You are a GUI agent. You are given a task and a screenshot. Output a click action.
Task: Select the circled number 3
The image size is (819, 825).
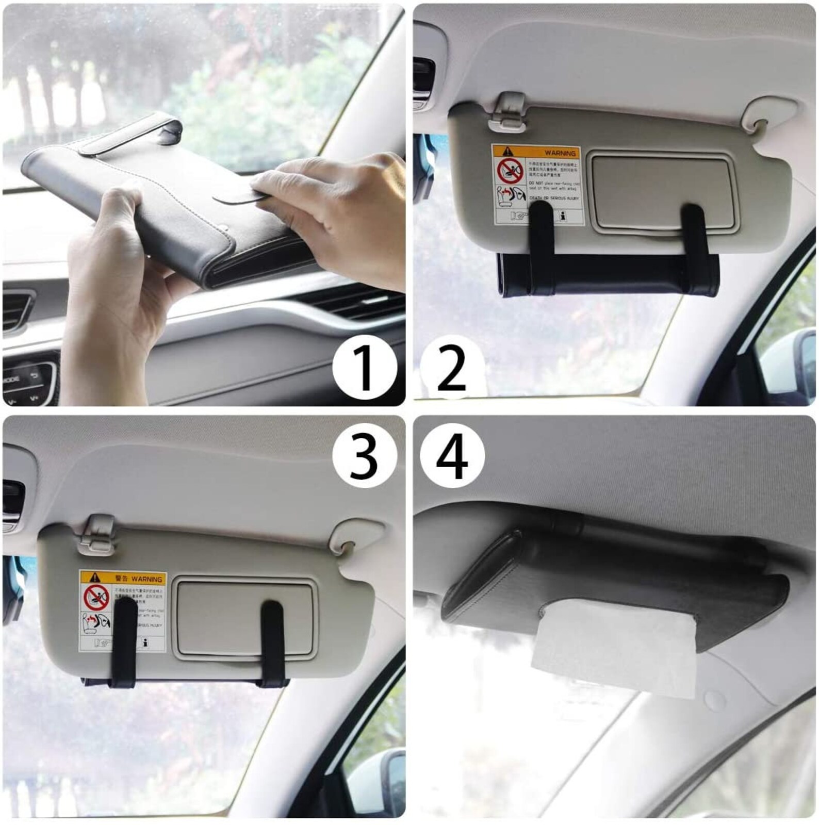coord(365,456)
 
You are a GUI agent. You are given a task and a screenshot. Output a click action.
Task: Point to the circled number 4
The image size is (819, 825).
coord(452,456)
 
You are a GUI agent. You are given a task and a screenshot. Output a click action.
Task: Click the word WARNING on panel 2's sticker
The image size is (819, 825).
coord(560,153)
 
